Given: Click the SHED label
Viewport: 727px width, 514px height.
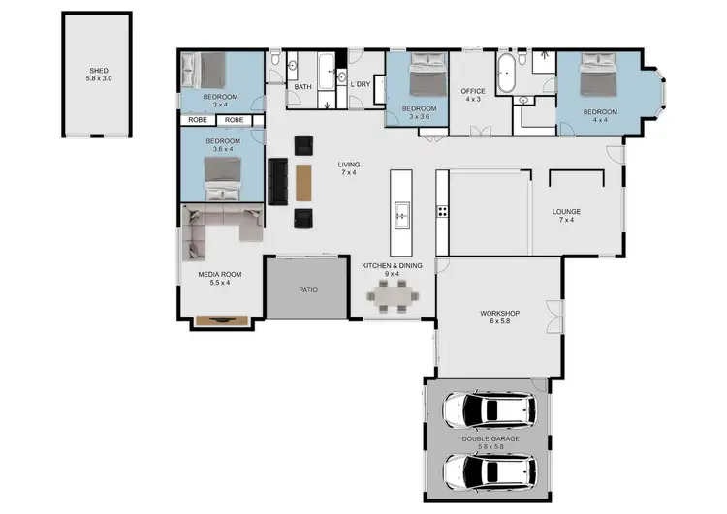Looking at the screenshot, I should pos(99,70).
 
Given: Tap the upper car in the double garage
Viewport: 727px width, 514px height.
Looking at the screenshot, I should pos(490,410).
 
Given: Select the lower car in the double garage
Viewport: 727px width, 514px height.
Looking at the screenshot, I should pos(490,471).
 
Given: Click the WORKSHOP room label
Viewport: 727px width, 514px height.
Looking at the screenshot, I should pos(500,314).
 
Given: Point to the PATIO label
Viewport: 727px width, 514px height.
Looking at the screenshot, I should pos(307,289).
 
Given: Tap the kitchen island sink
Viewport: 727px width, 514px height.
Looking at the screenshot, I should pos(401,212).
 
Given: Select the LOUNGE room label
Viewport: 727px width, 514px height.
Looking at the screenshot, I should pos(566,211).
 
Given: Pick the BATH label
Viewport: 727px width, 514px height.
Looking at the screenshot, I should pos(303,87).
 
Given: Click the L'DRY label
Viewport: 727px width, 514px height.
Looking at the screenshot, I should pos(361,84).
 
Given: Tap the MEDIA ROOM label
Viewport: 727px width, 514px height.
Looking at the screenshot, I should pos(219,274).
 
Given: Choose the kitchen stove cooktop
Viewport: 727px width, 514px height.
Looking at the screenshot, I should pos(442,210).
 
